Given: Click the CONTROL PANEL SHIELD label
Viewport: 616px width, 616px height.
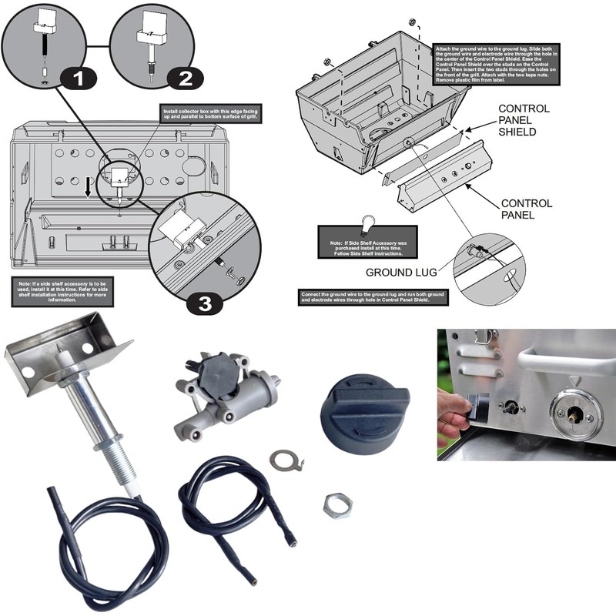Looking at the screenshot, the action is click(x=524, y=120).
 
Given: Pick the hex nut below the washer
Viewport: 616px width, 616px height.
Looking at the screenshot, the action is click(x=337, y=504).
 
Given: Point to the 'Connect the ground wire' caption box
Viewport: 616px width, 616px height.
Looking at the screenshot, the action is click(x=373, y=299).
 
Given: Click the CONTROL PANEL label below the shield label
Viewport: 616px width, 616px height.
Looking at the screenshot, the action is click(x=526, y=209).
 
